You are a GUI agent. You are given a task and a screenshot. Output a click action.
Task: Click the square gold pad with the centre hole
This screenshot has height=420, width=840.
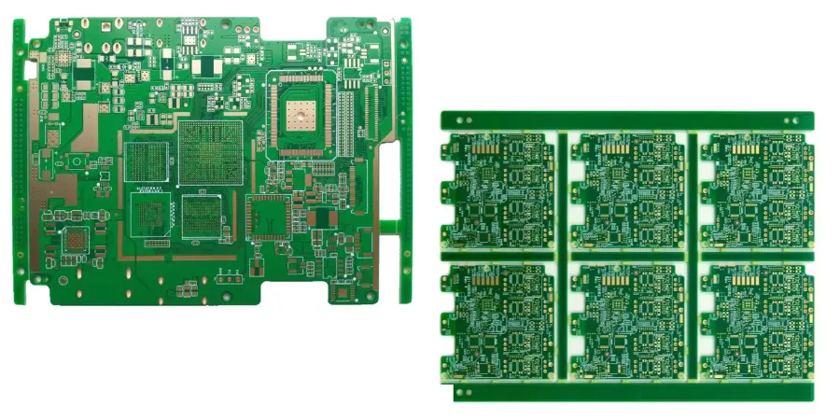coord(301,116)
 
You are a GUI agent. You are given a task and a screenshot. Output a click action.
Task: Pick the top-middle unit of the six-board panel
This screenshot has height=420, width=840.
coord(627,191)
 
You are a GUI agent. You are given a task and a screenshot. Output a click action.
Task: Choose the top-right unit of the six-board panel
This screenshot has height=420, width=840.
coord(757,191)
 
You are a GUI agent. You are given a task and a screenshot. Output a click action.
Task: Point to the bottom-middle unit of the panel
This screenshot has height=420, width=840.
coord(627,322)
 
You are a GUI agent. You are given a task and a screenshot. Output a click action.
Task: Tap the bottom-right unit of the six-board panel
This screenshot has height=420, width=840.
coord(757,322)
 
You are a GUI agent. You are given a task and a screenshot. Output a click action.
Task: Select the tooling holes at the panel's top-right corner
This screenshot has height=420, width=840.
coord(792,119)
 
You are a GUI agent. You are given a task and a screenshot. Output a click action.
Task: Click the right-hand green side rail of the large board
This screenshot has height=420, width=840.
coord(405,159)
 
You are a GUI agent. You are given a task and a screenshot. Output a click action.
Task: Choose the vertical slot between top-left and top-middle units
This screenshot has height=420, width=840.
coord(562,191)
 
